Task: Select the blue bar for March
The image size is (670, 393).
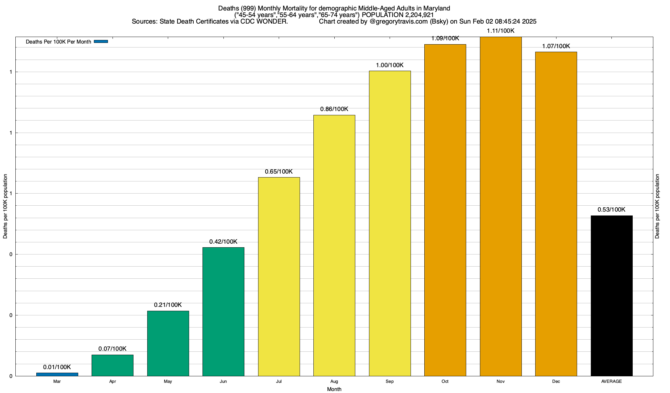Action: (57, 374)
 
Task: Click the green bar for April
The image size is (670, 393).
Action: (113, 365)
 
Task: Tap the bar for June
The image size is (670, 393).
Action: (223, 311)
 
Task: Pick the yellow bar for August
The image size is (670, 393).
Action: (334, 245)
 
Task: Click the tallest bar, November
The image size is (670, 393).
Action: (501, 206)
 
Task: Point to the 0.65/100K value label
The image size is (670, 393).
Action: (279, 172)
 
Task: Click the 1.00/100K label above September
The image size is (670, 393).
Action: (390, 65)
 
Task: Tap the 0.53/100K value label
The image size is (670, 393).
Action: (611, 210)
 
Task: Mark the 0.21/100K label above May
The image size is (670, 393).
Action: (168, 305)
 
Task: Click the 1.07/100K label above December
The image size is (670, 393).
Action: (556, 46)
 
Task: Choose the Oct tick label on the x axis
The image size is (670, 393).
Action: (445, 382)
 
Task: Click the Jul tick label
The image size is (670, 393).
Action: (279, 382)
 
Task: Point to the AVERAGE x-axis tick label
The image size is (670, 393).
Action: (611, 382)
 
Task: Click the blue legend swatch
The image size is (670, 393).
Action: (101, 42)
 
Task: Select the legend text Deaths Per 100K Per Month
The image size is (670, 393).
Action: (58, 42)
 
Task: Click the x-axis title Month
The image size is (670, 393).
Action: (334, 389)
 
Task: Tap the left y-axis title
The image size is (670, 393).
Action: (5, 206)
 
